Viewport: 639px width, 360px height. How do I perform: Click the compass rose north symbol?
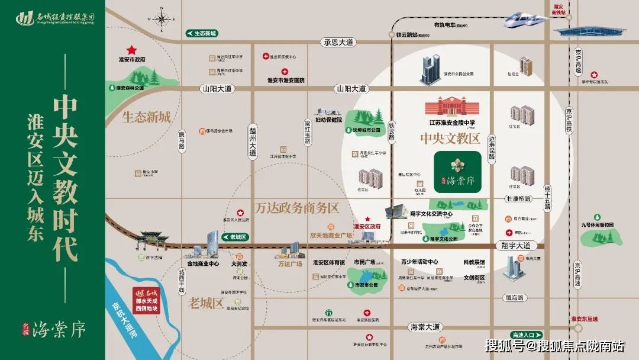(162, 18)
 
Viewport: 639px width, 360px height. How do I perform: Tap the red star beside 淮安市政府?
(131, 50)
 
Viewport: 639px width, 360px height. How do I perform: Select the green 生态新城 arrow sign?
(202, 33)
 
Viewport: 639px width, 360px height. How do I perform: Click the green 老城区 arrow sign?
(235, 237)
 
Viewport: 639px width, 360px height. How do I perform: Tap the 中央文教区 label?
(449, 139)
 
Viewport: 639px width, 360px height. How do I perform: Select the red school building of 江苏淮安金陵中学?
(451, 107)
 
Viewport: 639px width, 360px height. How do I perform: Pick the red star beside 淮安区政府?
(368, 218)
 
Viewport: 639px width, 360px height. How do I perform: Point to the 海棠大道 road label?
(425, 327)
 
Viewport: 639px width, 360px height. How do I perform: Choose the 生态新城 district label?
(146, 117)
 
